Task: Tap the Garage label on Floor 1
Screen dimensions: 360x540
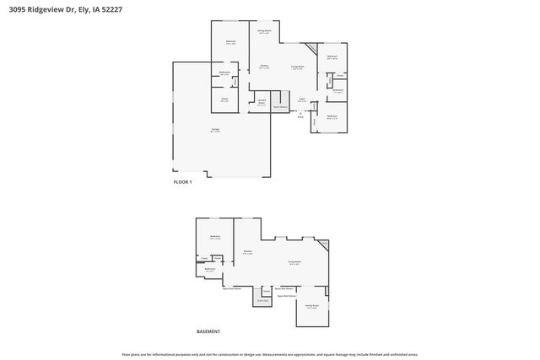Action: [216, 130]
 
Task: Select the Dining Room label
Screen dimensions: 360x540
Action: [264, 32]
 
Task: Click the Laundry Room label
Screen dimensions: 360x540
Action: [262, 103]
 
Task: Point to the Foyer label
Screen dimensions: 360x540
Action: [301, 99]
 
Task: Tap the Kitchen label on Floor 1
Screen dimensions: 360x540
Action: [264, 67]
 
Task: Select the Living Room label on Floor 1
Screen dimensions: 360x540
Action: [298, 67]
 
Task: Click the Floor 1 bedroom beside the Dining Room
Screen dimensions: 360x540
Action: [230, 42]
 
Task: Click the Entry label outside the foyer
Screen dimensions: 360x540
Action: [300, 116]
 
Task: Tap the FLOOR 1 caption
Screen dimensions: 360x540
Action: [183, 182]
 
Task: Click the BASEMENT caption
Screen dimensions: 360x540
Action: [208, 331]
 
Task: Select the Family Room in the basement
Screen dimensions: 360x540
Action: [311, 307]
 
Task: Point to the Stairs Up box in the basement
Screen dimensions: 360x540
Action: [262, 299]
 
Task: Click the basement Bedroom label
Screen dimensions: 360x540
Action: [215, 237]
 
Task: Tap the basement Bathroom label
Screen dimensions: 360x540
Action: [210, 269]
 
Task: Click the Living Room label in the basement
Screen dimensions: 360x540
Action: [294, 263]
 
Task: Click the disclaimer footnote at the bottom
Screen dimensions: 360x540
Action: [270, 355]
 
